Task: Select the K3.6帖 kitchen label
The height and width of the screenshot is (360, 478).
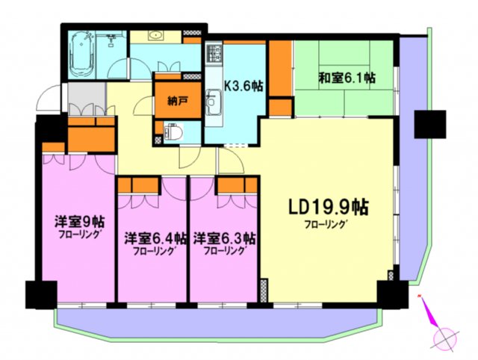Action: [243, 84]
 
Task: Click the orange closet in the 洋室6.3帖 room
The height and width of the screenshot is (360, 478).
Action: [237, 184]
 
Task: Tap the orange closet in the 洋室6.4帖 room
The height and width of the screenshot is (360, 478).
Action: [140, 184]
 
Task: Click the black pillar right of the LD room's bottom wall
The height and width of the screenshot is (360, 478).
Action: [388, 294]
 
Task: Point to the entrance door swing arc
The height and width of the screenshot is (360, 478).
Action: [51, 99]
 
